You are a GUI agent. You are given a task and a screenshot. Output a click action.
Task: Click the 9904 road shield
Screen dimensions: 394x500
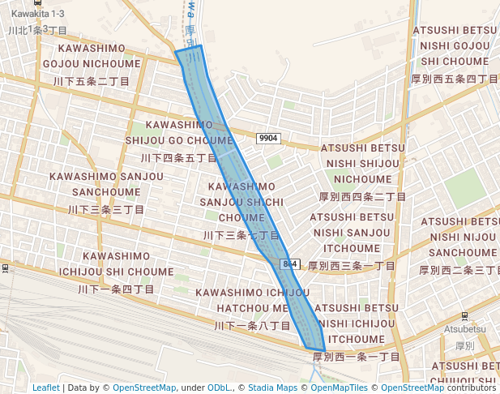click(268, 139)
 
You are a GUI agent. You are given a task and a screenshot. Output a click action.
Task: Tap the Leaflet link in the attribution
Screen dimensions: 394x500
click(45, 388)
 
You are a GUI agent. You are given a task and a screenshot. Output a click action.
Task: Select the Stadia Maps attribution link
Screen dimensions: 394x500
click(272, 388)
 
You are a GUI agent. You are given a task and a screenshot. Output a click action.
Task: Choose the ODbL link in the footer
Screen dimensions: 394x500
click(219, 388)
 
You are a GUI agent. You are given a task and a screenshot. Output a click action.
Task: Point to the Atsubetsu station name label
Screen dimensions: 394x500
click(464, 329)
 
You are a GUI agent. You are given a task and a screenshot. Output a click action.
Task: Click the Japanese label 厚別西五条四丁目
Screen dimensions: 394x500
click(454, 79)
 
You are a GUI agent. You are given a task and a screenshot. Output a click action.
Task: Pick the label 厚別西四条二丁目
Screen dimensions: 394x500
click(361, 196)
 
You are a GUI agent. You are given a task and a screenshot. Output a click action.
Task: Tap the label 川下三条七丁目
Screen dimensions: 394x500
click(241, 235)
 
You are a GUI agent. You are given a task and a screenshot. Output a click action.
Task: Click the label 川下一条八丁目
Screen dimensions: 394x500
click(252, 325)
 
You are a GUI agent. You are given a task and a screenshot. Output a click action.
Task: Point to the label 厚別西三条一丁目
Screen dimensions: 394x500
click(352, 265)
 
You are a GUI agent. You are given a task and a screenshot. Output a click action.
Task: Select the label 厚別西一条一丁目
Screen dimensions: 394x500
click(357, 357)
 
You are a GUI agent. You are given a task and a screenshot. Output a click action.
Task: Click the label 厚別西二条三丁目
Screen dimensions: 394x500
click(459, 269)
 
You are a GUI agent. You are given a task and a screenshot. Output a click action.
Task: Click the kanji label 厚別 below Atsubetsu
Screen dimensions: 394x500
click(464, 345)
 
